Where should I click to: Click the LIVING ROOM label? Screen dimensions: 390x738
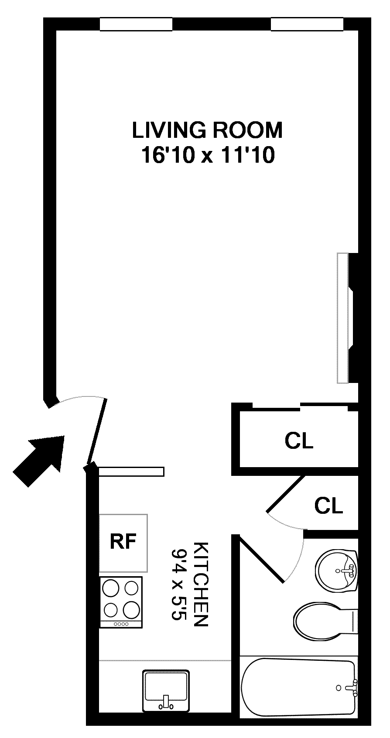point(207,130)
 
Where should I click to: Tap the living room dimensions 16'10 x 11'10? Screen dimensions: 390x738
point(208,155)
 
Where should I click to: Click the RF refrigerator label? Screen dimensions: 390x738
point(123,541)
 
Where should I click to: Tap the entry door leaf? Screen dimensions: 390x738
point(96,432)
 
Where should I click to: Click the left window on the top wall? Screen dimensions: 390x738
point(136,24)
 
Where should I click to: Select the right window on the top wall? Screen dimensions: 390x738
point(307,24)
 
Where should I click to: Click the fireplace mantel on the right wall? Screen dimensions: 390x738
point(342,318)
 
